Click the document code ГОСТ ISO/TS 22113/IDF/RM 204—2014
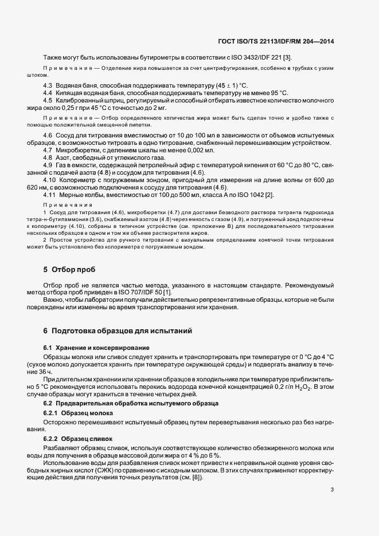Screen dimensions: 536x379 pos(277,41)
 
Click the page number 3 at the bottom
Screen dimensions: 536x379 pos(333,489)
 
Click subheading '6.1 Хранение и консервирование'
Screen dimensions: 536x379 pos(88,348)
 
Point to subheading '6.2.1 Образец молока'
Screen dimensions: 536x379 pos(78,413)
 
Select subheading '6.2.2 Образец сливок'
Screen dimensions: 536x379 pos(79,439)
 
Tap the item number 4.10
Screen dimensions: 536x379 pos(50,180)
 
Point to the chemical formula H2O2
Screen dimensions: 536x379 pos(307,388)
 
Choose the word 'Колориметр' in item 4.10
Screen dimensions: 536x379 pos(80,180)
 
